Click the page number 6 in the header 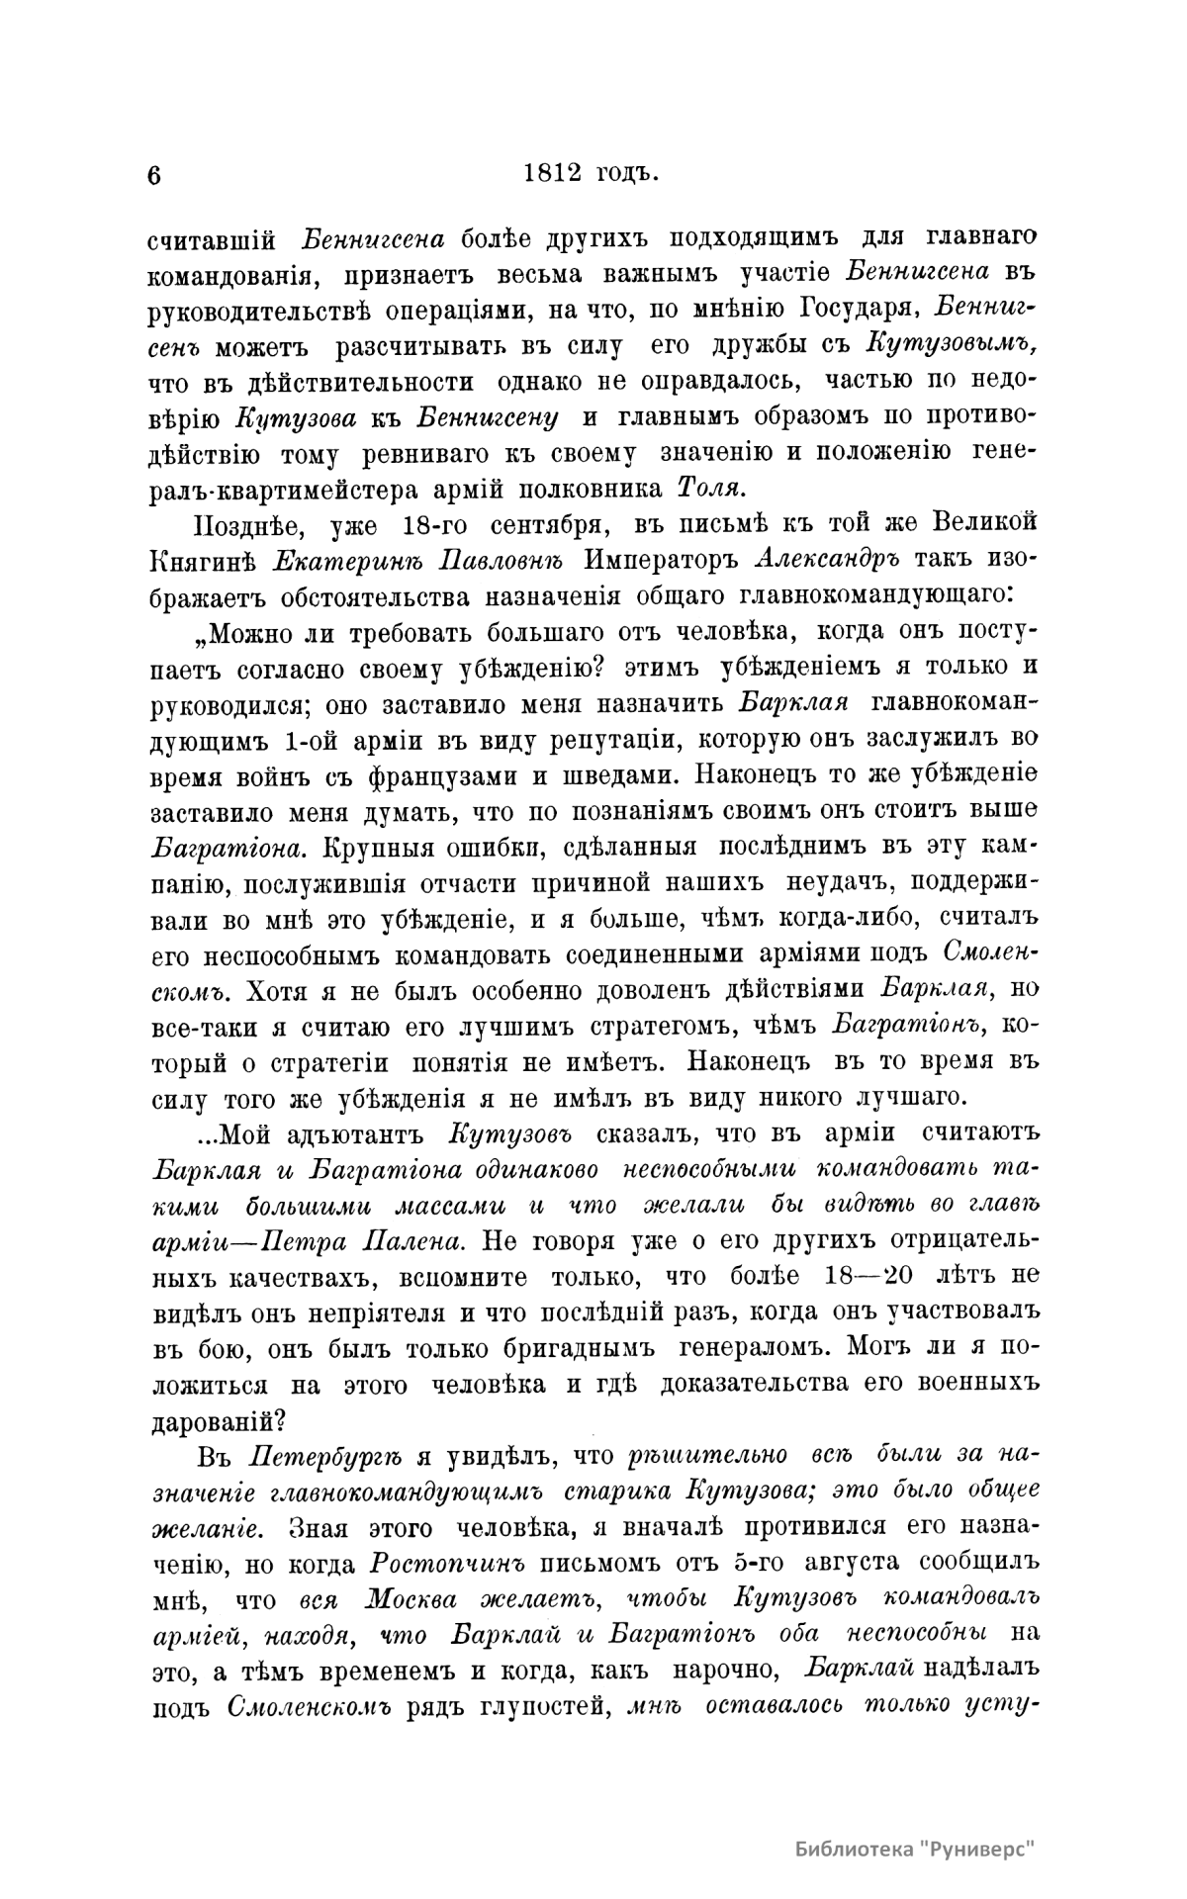153,175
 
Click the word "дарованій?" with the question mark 219,1418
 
